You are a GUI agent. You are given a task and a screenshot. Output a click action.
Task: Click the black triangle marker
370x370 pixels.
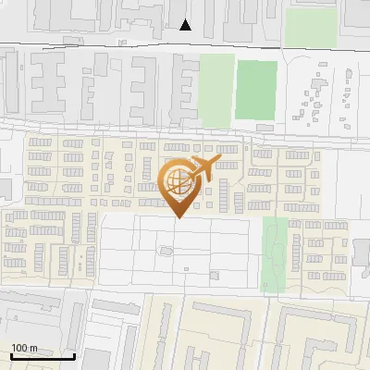click(186, 25)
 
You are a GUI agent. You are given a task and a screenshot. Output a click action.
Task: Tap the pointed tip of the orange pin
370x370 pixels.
click(179, 218)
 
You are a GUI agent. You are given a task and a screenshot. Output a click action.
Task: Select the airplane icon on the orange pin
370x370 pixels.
click(202, 168)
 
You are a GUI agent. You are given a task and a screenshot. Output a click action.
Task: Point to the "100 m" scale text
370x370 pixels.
click(25, 348)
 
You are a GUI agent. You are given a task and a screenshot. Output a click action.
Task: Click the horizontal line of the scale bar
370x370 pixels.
click(43, 356)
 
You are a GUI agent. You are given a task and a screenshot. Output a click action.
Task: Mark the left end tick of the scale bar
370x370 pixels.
click(10, 354)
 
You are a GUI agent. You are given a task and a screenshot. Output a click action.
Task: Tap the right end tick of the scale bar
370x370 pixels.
click(74, 354)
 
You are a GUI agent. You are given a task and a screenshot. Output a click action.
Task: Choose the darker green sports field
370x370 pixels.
click(256, 90)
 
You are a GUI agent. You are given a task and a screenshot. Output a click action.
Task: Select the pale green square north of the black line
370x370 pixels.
click(303, 27)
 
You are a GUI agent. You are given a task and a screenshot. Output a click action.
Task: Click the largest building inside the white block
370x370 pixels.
click(165, 250)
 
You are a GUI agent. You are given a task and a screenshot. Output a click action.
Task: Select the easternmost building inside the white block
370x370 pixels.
click(214, 274)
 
